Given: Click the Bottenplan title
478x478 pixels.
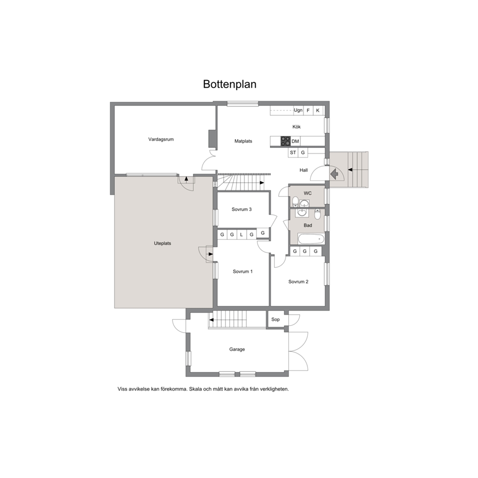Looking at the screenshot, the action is [x=229, y=84].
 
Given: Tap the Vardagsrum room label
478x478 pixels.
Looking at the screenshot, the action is [x=161, y=140].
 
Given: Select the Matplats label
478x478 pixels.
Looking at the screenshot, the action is [x=243, y=141].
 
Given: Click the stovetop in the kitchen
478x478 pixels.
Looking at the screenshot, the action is [x=286, y=141].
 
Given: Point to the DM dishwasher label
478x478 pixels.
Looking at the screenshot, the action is [x=295, y=142].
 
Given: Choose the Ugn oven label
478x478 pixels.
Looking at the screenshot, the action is [x=298, y=110].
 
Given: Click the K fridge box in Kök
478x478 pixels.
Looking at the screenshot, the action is [x=318, y=110].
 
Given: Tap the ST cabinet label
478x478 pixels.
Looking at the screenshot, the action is [x=293, y=152].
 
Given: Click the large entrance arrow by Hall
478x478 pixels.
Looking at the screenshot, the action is [x=334, y=174].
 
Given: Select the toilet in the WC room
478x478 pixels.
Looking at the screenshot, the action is [x=295, y=201].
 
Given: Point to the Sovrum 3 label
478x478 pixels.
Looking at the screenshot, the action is [x=242, y=210].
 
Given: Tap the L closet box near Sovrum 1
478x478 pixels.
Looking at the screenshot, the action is [x=241, y=235].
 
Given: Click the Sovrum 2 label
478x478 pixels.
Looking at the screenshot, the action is [x=298, y=282].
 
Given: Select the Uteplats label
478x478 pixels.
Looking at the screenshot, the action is [x=162, y=243].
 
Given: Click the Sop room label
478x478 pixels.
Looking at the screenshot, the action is [x=275, y=319].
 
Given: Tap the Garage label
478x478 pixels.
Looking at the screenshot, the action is [x=237, y=349].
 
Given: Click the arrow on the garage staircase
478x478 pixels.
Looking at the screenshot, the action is [x=211, y=320].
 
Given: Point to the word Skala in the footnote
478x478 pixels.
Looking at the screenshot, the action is [x=196, y=389].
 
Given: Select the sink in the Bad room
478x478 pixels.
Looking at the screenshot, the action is [x=302, y=212].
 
